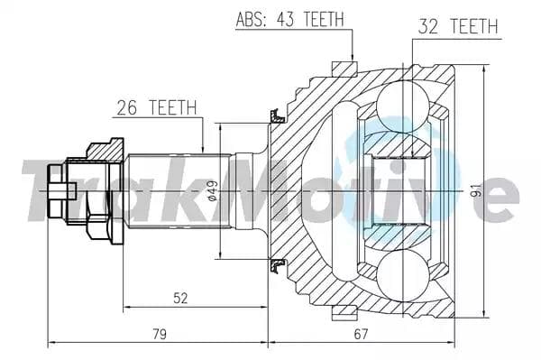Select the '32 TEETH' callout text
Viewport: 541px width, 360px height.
pyautogui.click(x=457, y=27)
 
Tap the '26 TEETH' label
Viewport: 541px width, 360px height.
pyautogui.click(x=156, y=107)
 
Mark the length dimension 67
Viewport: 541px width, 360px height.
pyautogui.click(x=361, y=335)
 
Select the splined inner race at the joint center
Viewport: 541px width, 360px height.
pyautogui.click(x=397, y=191)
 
